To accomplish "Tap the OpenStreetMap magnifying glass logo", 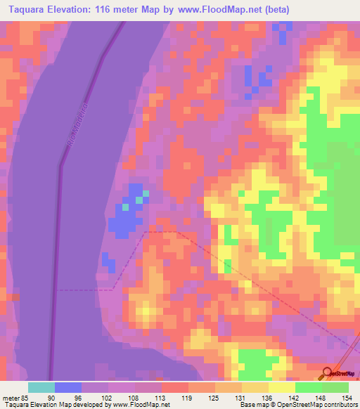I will (x=327, y=374).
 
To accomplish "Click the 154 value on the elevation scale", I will (x=347, y=397).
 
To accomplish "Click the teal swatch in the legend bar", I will (x=41, y=387).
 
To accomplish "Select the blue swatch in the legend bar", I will (x=67, y=387).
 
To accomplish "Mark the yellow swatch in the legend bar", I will (x=281, y=387).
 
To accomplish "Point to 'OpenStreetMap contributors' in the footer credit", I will (x=323, y=405).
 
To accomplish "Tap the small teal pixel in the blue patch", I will (x=126, y=207).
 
